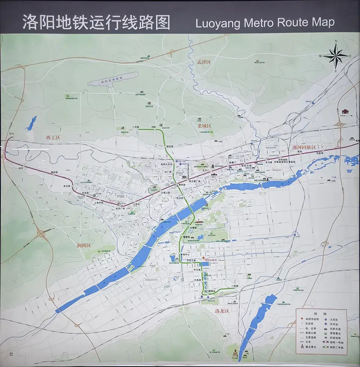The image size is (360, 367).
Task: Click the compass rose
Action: point(336,56)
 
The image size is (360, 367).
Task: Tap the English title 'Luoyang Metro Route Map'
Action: point(265,23)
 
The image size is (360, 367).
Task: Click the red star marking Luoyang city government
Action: point(204,258)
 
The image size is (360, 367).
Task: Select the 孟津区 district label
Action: point(204,62)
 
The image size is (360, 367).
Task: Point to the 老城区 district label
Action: point(205,126)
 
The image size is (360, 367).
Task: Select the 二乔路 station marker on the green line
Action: point(136,130)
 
